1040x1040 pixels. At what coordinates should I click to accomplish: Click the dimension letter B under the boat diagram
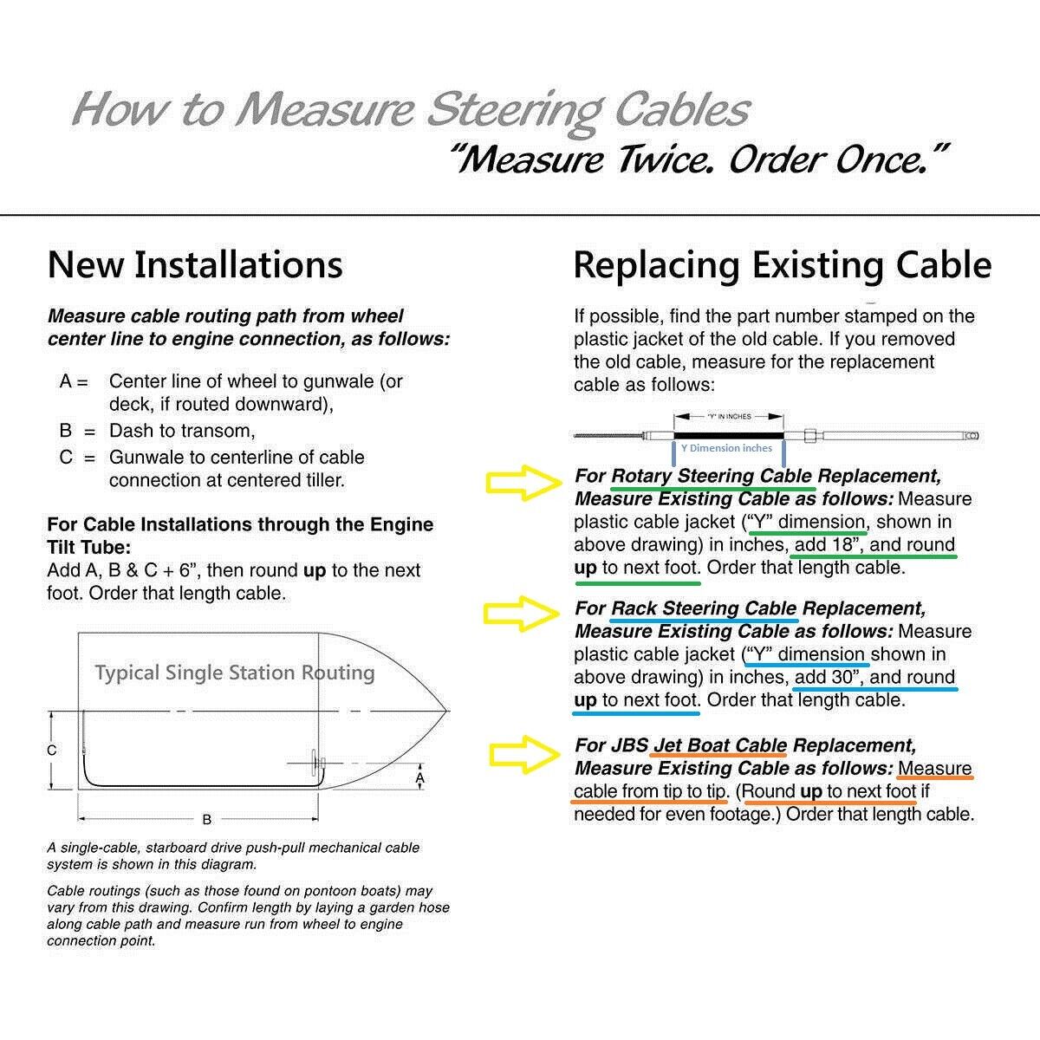pos(206,819)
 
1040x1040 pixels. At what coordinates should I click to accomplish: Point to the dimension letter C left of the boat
pos(52,750)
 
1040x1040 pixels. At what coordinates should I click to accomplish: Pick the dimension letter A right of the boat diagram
pos(420,778)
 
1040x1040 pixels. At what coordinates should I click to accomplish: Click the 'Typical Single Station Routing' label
pos(234,673)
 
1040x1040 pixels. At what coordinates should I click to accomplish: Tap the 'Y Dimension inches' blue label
pos(726,448)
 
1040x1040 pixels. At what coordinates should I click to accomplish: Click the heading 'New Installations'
pos(195,264)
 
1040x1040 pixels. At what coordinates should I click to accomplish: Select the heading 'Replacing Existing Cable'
pos(782,264)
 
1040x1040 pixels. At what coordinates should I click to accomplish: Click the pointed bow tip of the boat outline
pos(447,712)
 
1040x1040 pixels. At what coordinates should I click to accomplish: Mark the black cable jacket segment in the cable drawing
pos(728,433)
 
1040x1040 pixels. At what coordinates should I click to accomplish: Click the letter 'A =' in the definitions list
pos(74,381)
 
